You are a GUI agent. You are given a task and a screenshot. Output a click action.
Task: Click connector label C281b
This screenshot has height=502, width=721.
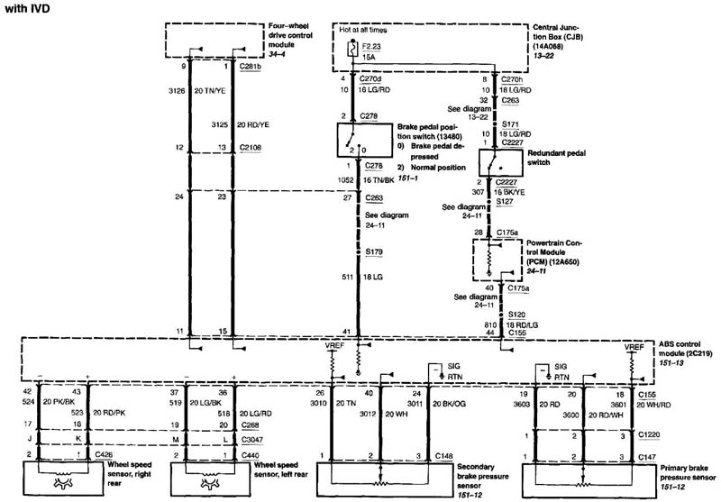coord(249,67)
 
